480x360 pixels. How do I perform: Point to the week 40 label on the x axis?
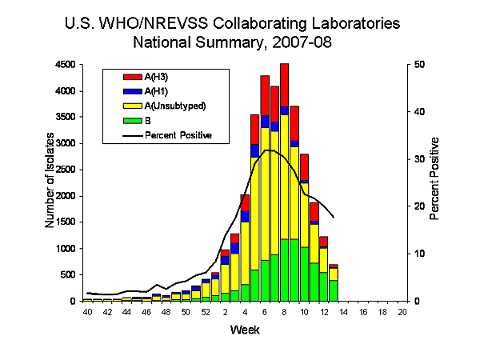point(87,311)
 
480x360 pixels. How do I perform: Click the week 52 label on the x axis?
point(206,311)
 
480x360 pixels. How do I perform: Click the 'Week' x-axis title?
point(244,330)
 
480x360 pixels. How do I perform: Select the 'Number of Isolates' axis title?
point(50,182)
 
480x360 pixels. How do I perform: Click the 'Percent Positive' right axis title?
point(435,178)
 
